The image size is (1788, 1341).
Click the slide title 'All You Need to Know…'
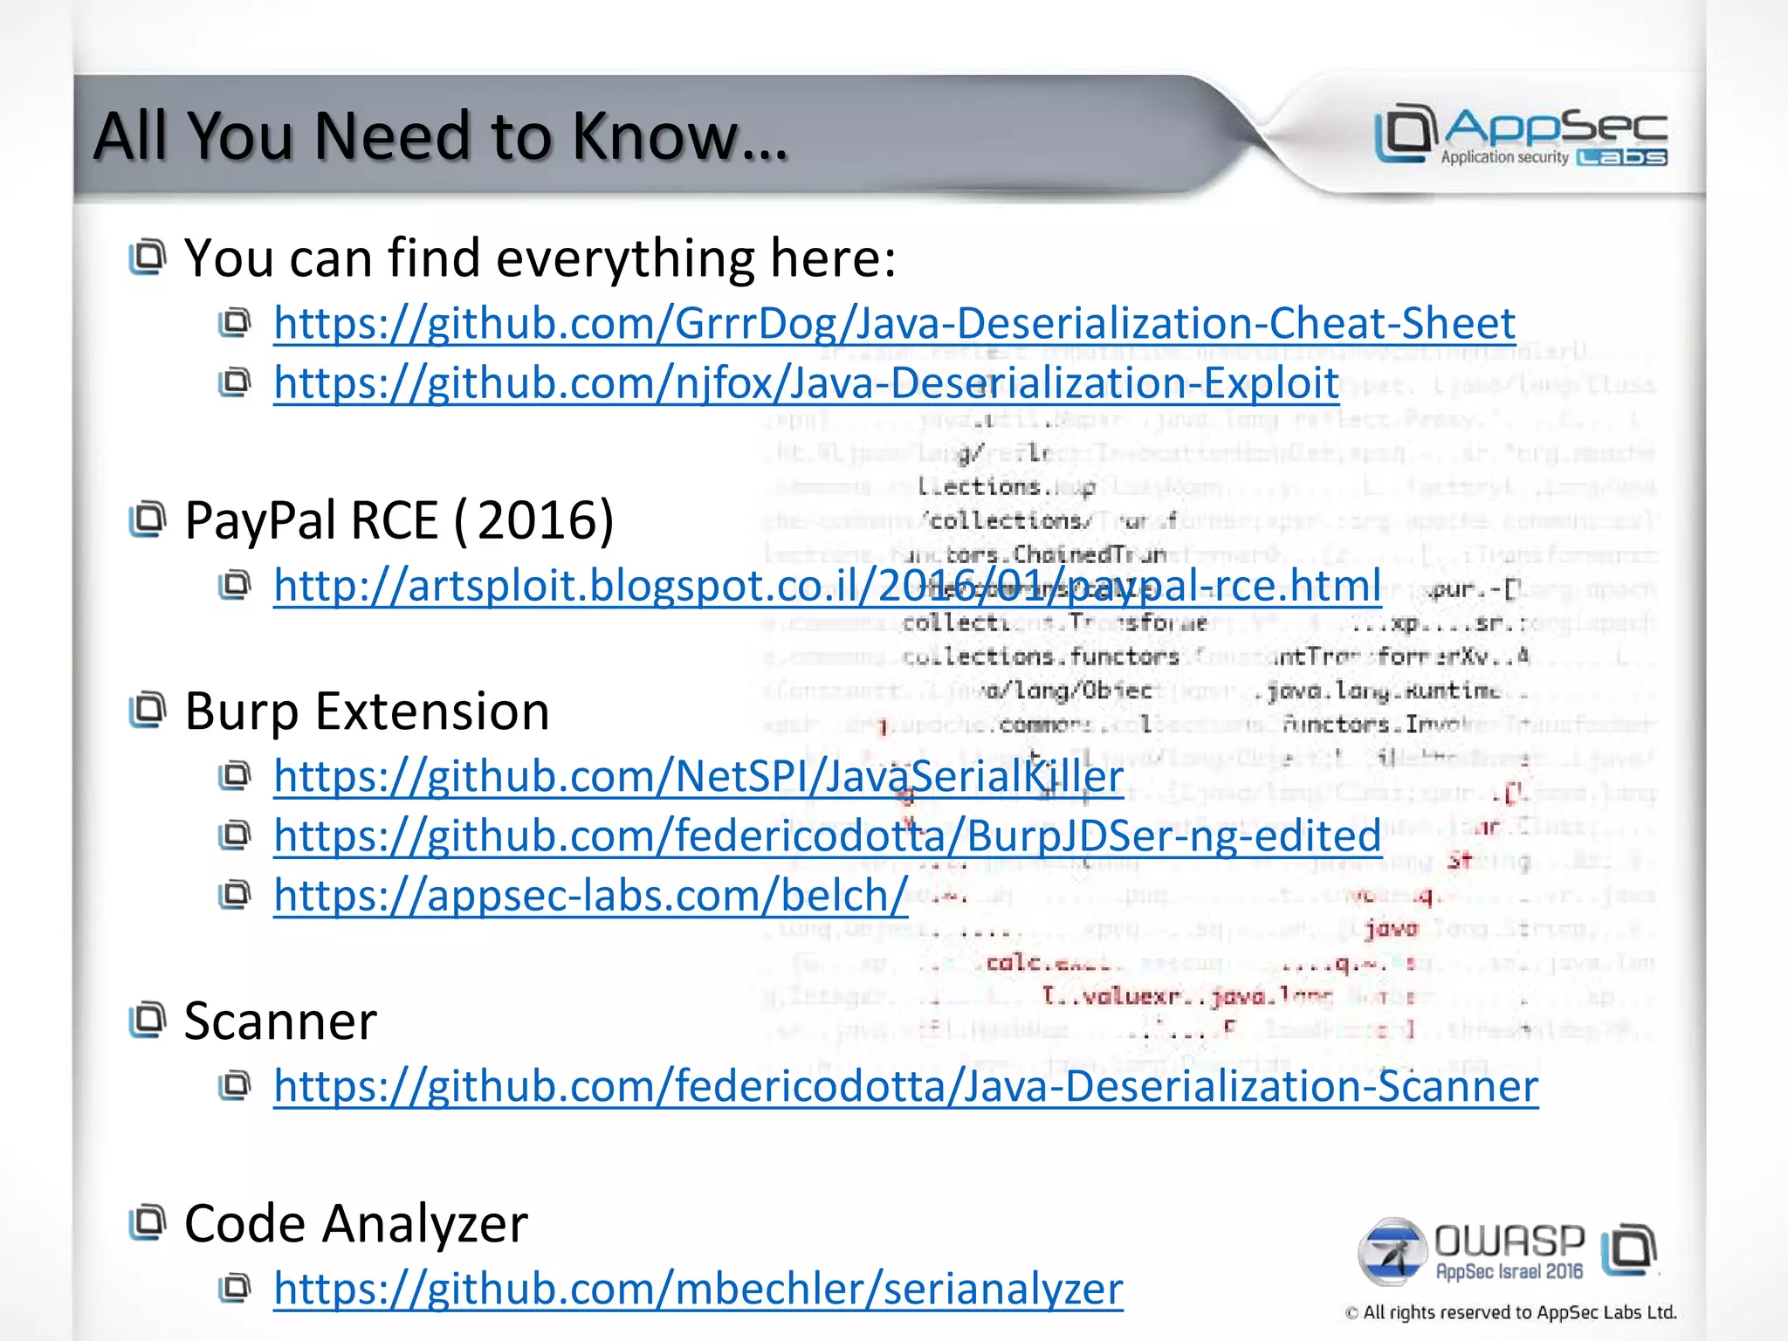pos(441,136)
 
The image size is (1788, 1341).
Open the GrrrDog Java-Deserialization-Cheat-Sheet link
pos(894,324)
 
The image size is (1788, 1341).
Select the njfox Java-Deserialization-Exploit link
pos(806,383)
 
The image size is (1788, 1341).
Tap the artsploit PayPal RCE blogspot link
pos(827,586)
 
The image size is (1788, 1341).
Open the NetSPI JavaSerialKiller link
pos(698,776)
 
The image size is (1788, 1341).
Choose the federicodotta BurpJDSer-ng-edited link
pos(827,836)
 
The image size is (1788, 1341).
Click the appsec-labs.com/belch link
pos(590,896)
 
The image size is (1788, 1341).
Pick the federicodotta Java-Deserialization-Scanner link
pos(905,1087)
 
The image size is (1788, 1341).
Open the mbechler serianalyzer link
pos(698,1289)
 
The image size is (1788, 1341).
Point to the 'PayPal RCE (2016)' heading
pos(399,520)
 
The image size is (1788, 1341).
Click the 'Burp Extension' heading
pos(367,712)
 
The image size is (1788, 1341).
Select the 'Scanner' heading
pos(280,1021)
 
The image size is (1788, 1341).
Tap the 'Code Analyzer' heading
pos(355,1223)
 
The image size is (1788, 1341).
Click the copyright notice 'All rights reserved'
pos(1510,1312)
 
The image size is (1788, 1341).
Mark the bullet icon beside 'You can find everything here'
pos(147,258)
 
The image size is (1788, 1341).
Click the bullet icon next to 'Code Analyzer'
pos(147,1222)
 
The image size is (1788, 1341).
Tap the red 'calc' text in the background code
pos(1014,963)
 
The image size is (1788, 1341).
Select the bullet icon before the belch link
pos(234,895)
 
